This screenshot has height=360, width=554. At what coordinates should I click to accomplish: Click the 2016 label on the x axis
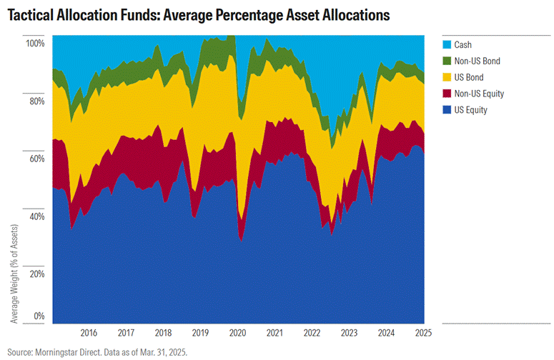[x=89, y=333]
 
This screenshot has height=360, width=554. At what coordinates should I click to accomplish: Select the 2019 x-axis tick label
[x=200, y=333]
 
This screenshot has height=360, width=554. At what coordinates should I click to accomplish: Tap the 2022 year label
[x=312, y=333]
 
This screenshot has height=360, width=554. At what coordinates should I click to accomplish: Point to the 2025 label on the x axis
[x=424, y=333]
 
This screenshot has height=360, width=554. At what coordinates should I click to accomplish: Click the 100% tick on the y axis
[x=35, y=43]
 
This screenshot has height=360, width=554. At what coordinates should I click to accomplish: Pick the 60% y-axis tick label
[x=36, y=159]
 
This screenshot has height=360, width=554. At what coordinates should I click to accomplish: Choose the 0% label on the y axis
[x=39, y=316]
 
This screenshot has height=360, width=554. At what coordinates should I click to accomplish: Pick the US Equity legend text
[x=480, y=111]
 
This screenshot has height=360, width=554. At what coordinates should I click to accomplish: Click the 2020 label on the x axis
[x=237, y=333]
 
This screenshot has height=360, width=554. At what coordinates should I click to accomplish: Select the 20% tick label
[x=36, y=274]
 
